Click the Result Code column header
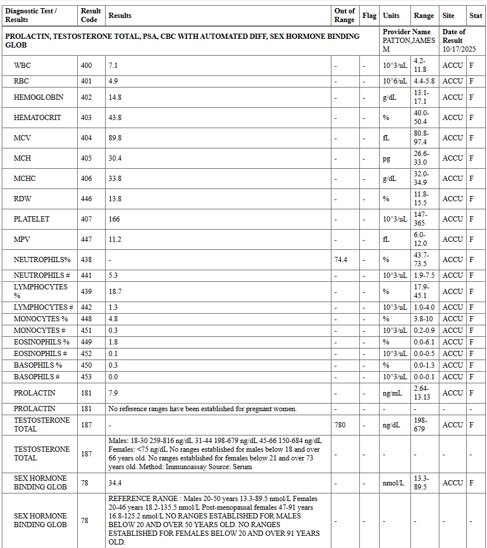coord(91,15)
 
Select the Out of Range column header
coord(344,15)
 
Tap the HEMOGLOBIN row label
coord(39,97)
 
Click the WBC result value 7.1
coord(113,66)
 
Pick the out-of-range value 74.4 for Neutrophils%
coord(341,260)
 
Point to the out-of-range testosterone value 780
coord(340,425)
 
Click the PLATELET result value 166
coord(114,219)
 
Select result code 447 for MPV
coord(86,239)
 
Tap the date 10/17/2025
coord(459,49)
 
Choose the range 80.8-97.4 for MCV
coord(421,138)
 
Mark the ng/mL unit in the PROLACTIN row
coord(392,393)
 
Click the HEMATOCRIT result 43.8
coord(115,118)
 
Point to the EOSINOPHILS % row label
coord(42,342)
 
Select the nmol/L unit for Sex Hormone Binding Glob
coord(393,483)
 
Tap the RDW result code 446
coord(86,199)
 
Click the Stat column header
coord(475,16)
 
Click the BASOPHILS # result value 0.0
coord(113,377)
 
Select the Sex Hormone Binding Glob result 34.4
coord(115,483)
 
